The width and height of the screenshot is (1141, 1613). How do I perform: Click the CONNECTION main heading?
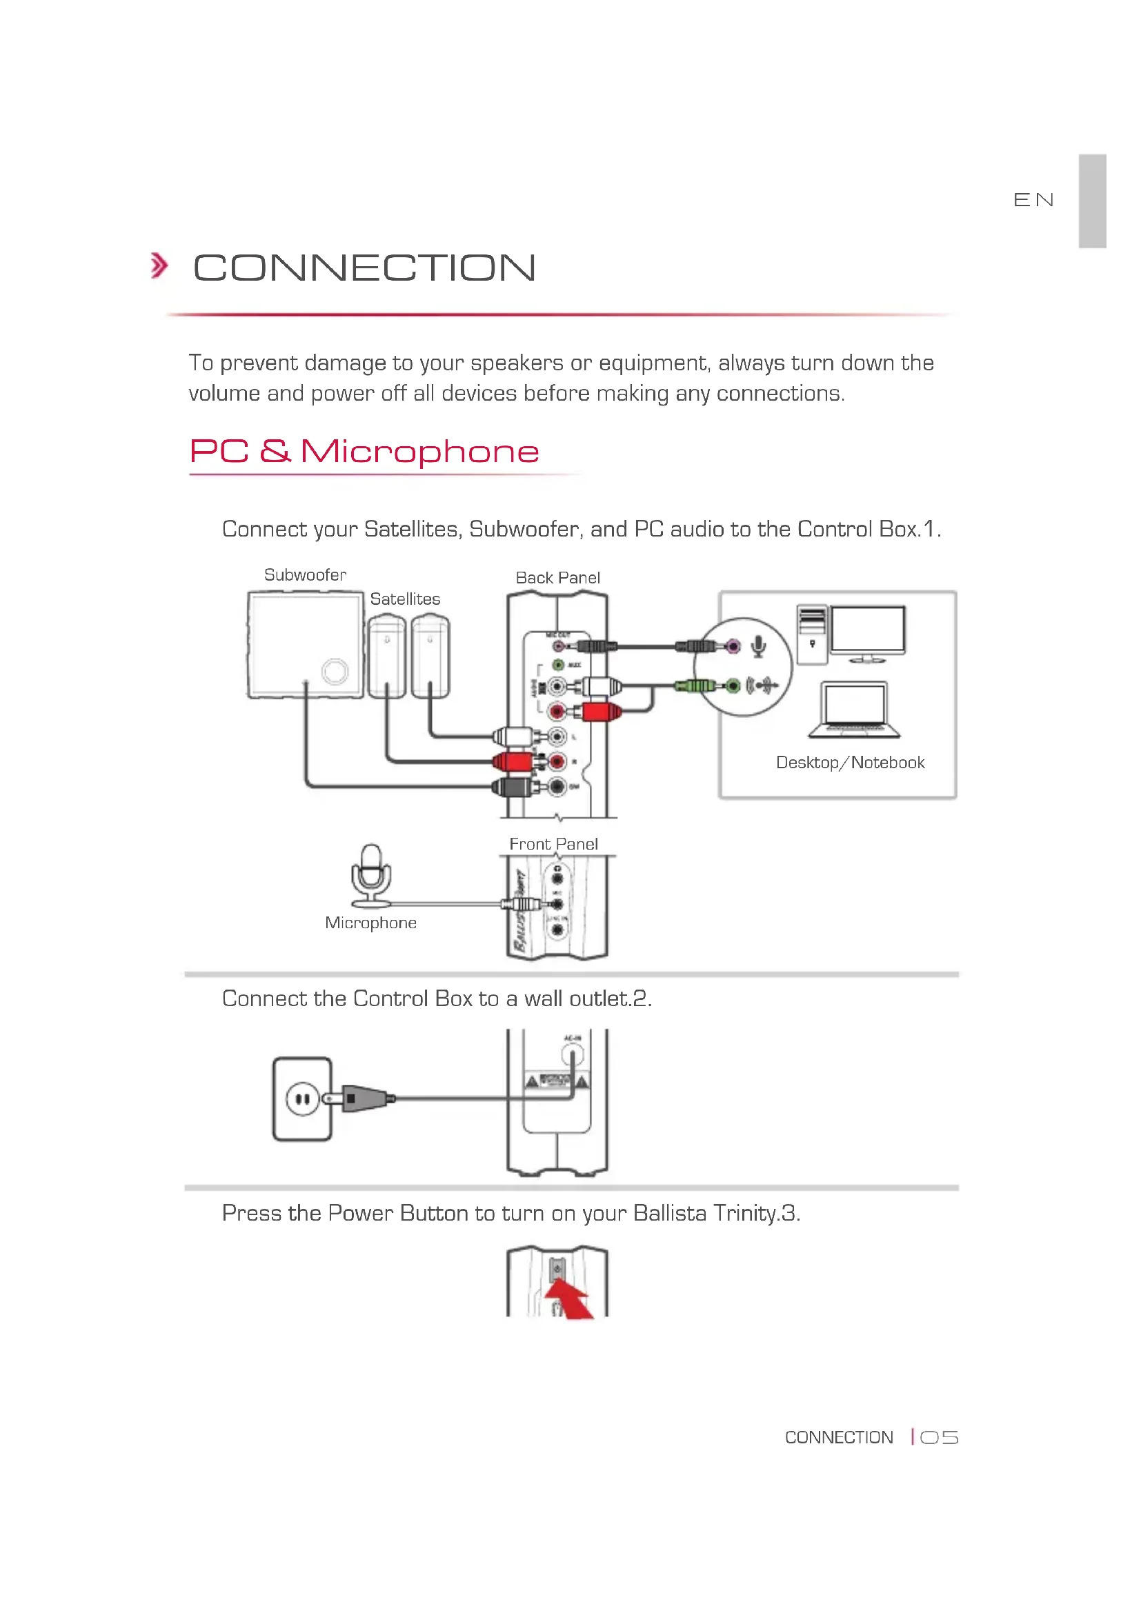(x=364, y=268)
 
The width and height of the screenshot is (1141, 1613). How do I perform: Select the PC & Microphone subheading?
(x=364, y=451)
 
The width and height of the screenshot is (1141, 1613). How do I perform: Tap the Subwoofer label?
(x=305, y=574)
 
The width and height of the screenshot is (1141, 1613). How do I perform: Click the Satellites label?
(x=405, y=599)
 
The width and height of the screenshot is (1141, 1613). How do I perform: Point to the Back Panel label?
(x=557, y=577)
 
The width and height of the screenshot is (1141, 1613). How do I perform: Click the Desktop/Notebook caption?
(x=849, y=762)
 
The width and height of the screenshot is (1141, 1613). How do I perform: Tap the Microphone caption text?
(x=370, y=923)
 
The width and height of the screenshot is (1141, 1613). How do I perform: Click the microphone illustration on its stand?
(x=371, y=875)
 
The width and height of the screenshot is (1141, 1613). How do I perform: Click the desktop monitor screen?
(x=868, y=630)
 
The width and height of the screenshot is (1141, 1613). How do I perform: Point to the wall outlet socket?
(x=302, y=1099)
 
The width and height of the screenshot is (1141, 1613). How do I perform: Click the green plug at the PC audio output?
(x=696, y=685)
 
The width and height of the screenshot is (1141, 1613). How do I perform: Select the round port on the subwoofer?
(x=335, y=671)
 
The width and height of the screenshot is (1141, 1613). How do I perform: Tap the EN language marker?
(x=1033, y=200)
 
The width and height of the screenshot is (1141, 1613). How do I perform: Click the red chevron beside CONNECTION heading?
(x=159, y=266)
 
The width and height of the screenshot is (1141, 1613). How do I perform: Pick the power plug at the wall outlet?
(x=363, y=1098)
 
